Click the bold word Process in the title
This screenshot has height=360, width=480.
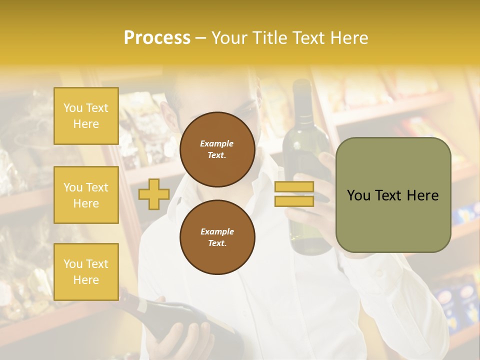(x=157, y=38)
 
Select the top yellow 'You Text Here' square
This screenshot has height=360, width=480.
(x=86, y=116)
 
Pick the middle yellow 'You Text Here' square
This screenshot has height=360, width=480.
(x=86, y=195)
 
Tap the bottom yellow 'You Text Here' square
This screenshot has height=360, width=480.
(x=86, y=272)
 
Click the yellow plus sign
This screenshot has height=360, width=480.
(x=153, y=194)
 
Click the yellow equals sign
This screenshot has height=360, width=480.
(x=294, y=194)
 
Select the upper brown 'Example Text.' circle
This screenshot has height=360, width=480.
(x=217, y=149)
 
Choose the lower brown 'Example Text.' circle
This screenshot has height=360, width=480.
(x=217, y=237)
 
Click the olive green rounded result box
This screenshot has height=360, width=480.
(x=393, y=195)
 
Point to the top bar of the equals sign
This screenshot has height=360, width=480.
(x=294, y=187)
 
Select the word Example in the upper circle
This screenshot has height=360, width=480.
(x=217, y=143)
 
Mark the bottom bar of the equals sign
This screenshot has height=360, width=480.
(x=294, y=201)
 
